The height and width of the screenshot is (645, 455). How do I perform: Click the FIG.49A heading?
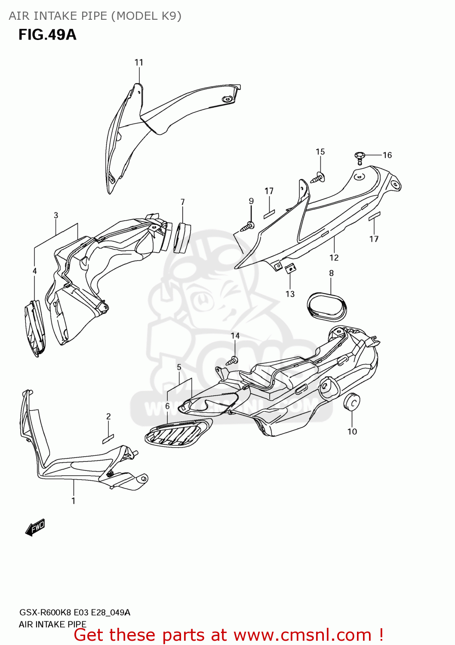(x=47, y=34)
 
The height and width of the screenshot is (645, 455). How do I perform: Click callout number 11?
(x=138, y=62)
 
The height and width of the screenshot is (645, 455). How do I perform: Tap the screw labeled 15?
(x=319, y=177)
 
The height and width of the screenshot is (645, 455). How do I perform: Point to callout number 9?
(x=251, y=201)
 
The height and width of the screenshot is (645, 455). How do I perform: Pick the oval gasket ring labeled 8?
(x=327, y=307)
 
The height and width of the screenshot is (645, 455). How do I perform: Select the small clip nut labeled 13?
(x=291, y=268)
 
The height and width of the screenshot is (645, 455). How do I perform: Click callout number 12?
(x=334, y=258)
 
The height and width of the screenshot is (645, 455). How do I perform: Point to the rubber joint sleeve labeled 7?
(x=181, y=237)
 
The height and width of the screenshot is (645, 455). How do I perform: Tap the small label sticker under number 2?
(x=108, y=438)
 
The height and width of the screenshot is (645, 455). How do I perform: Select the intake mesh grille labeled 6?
(x=178, y=432)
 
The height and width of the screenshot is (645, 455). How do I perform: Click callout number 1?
(x=74, y=501)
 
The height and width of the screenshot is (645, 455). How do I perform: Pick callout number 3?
(x=56, y=215)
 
